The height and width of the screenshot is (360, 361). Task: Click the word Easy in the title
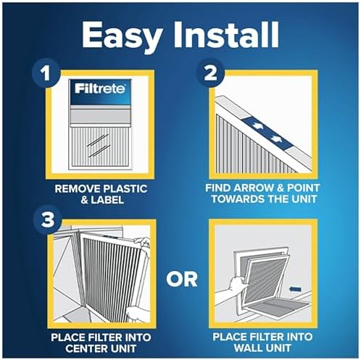click(115, 34)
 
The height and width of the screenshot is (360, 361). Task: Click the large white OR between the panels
click(180, 278)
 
